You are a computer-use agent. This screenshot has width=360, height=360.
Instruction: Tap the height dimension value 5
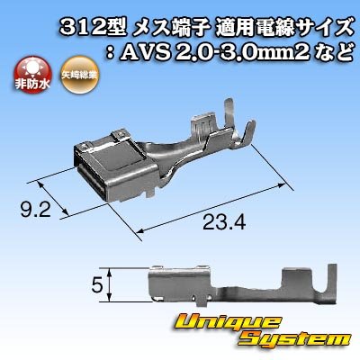tap(95, 287)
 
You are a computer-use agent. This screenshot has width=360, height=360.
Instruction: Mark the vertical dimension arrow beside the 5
tap(109, 287)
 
